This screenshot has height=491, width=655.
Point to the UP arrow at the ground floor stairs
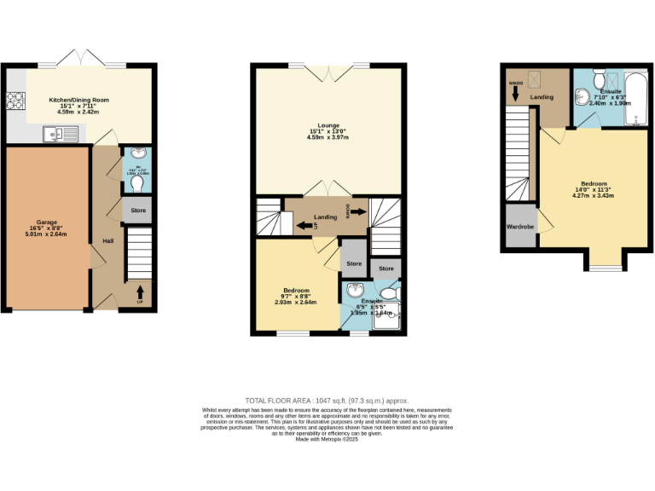140,295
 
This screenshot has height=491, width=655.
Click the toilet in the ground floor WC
136,183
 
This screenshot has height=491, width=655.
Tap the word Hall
107,241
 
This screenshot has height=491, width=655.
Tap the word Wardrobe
520,227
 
